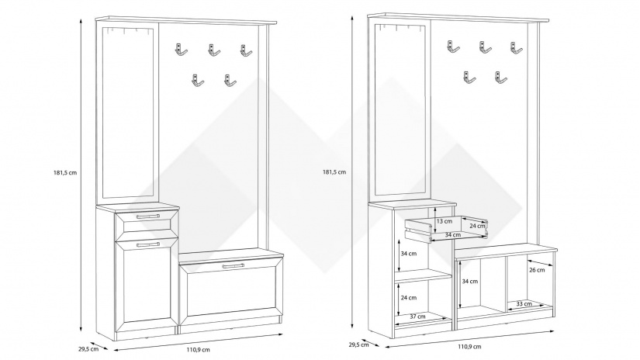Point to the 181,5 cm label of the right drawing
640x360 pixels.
tap(334, 172)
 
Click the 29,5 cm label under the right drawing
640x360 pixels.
tap(358, 344)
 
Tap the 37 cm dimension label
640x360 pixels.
tap(417, 317)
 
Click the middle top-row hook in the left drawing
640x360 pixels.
tap(213, 52)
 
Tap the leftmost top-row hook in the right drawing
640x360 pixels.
tap(454, 47)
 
